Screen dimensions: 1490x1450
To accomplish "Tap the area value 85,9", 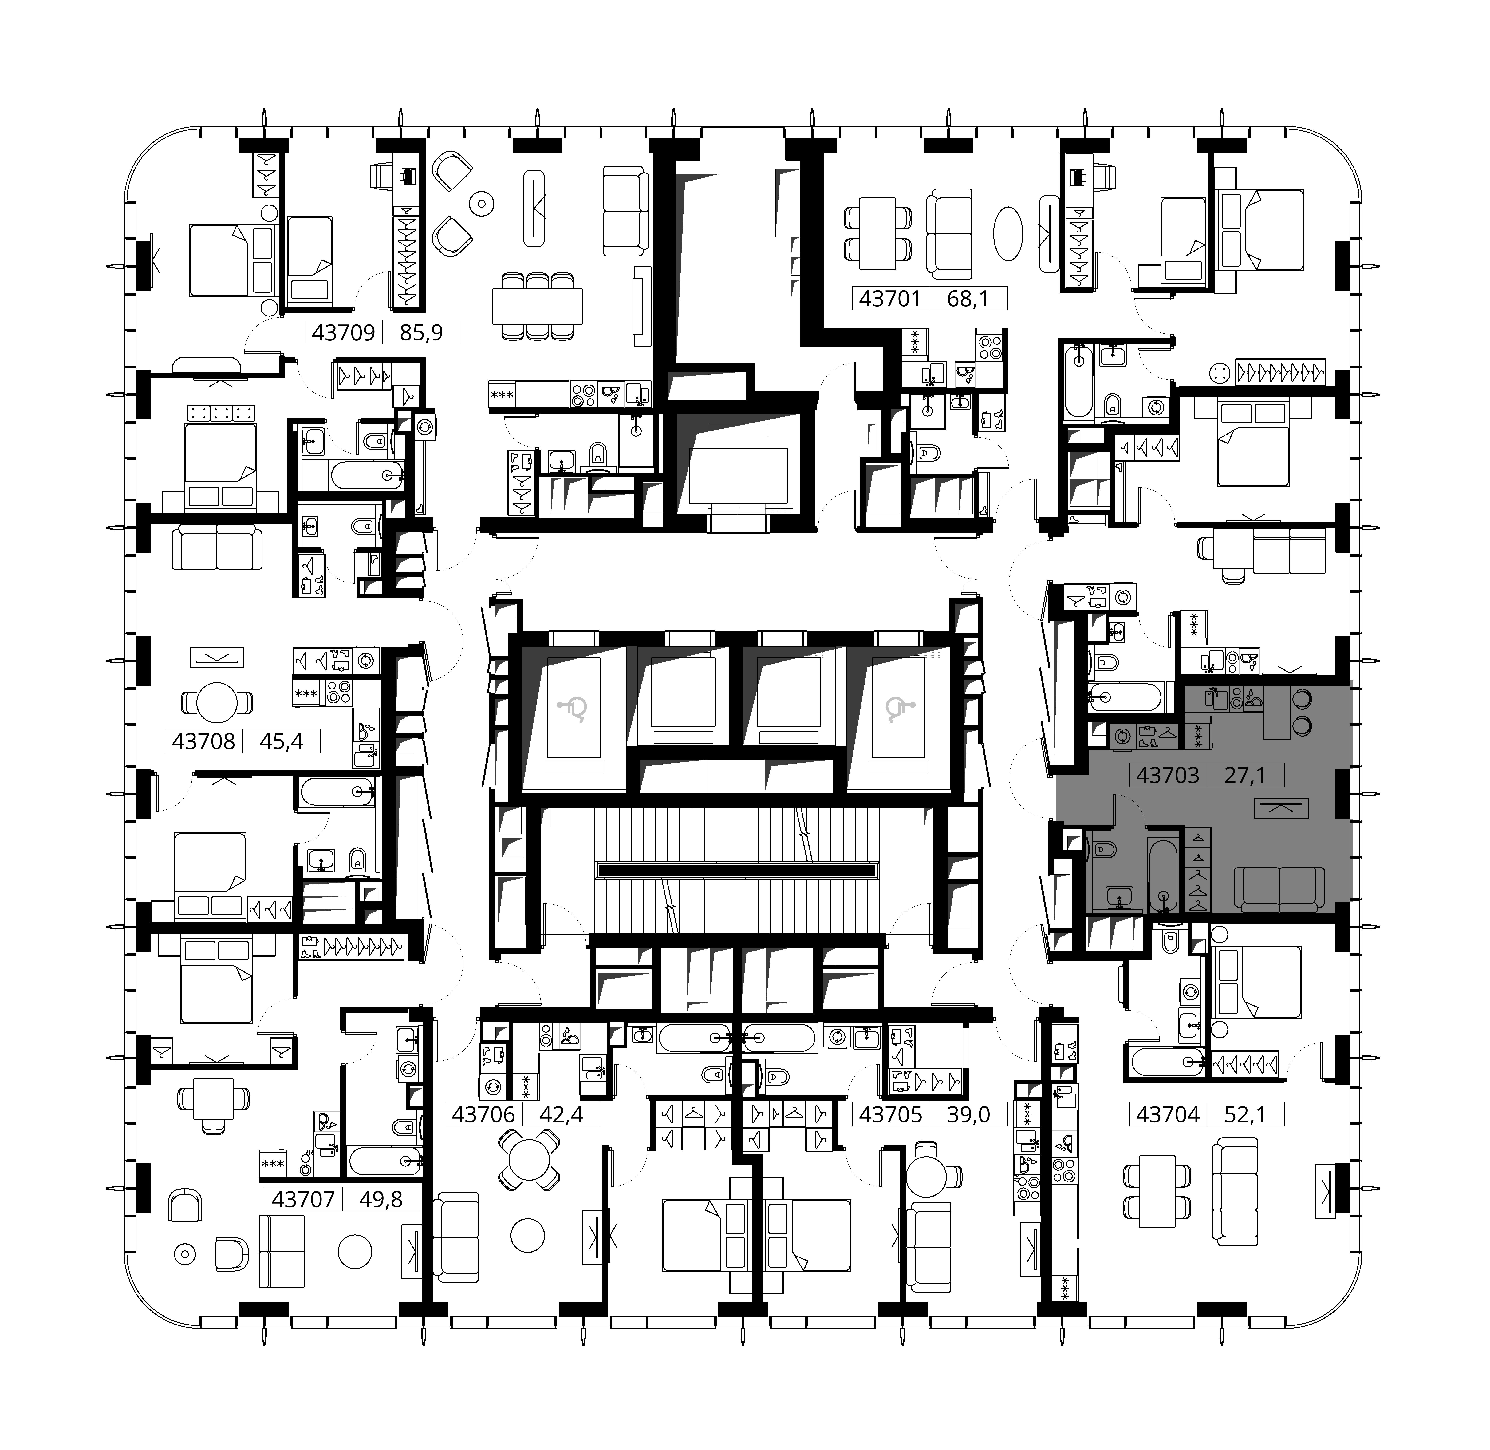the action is point(421,333).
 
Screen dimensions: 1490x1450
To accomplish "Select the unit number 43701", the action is point(890,299).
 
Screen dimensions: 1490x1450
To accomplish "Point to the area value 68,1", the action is point(968,299).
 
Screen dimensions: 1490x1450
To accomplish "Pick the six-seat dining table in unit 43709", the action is point(538,306).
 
